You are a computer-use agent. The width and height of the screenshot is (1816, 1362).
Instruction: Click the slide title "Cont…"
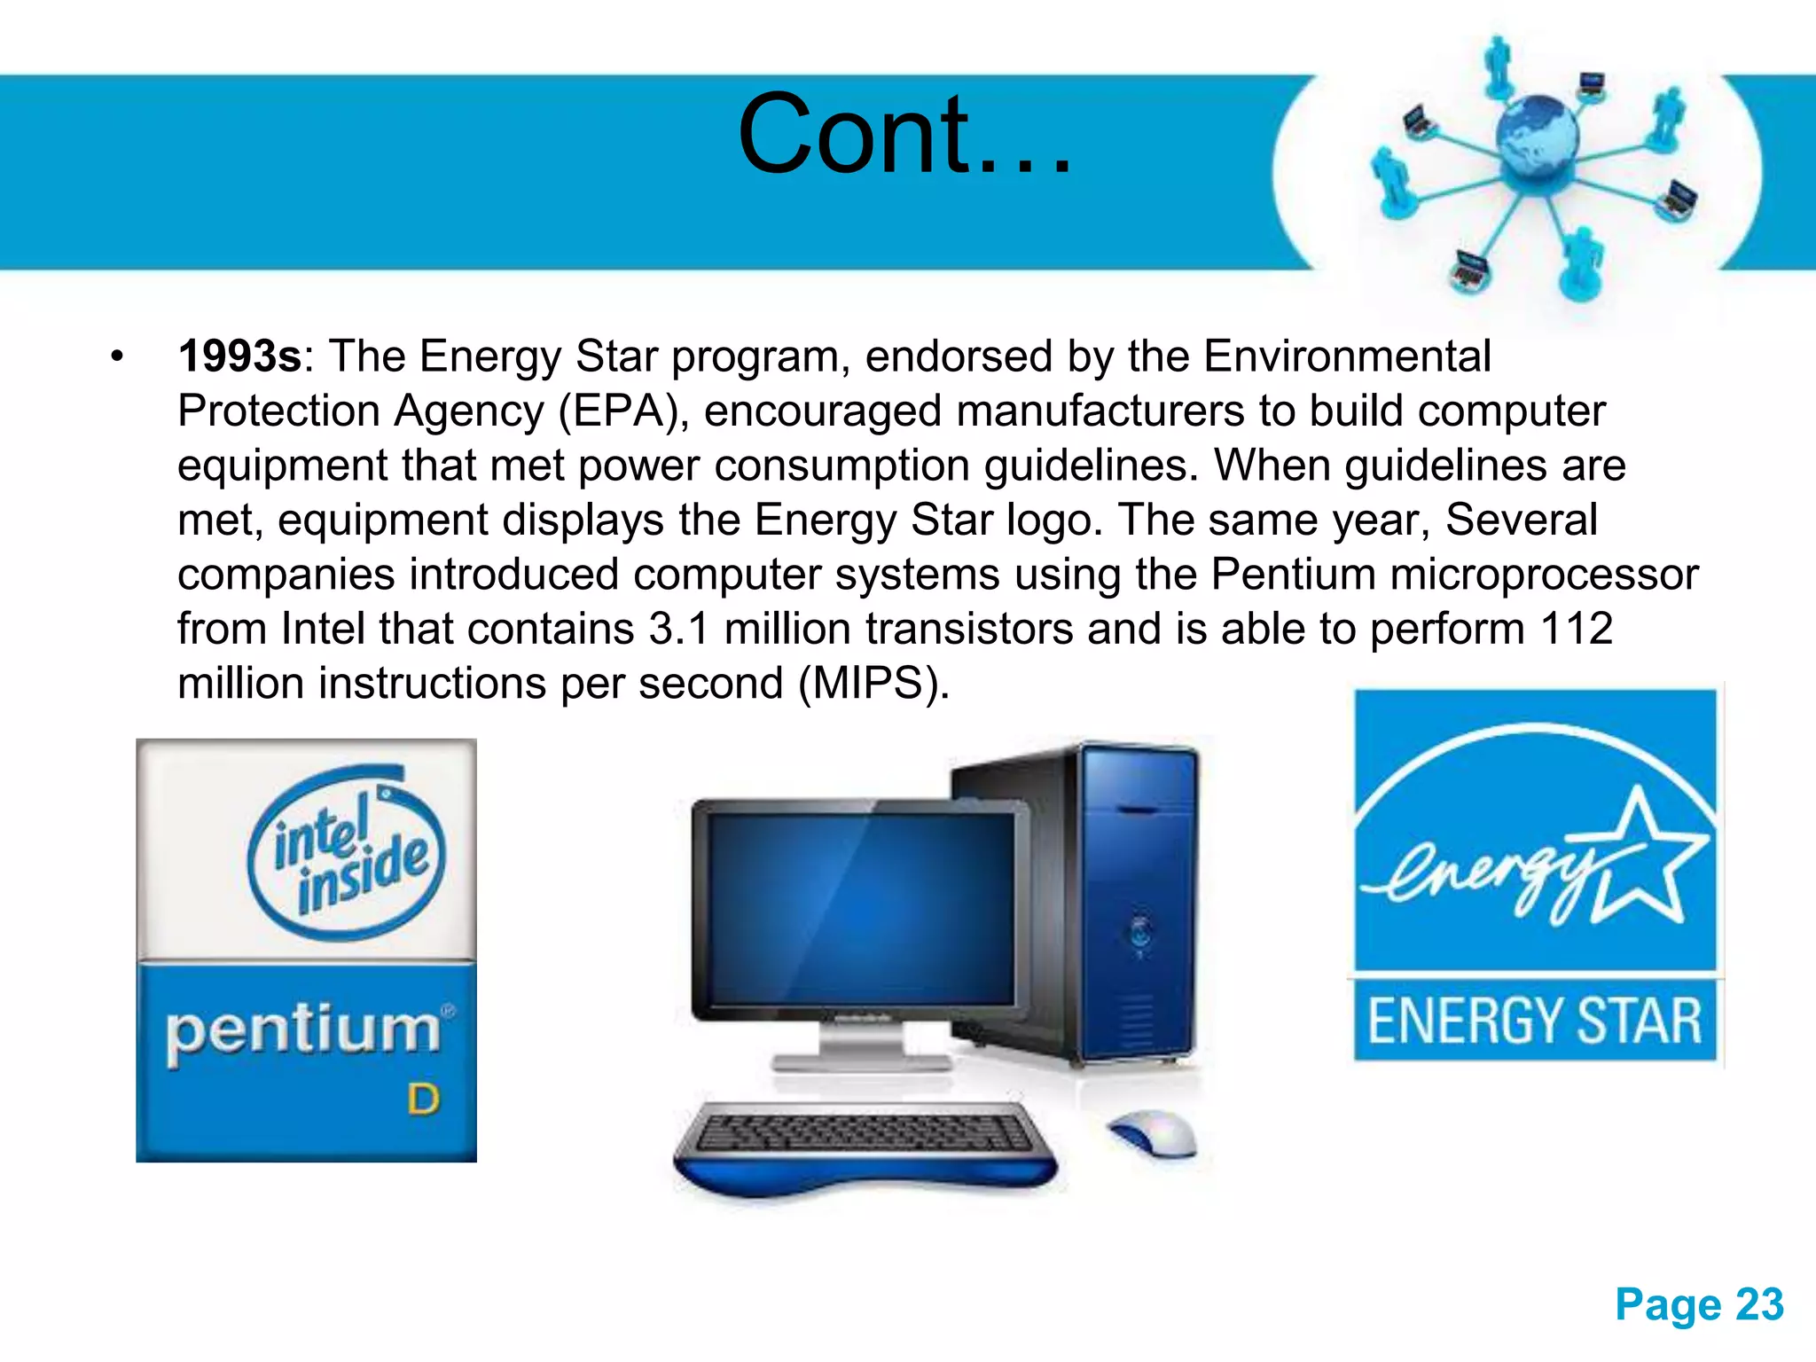904,135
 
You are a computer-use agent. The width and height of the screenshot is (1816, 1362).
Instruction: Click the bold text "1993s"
239,356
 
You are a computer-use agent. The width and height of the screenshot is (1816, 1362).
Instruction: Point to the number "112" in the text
1577,630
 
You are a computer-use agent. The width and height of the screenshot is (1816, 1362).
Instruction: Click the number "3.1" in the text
679,630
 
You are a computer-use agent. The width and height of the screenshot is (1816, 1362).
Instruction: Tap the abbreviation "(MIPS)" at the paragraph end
873,684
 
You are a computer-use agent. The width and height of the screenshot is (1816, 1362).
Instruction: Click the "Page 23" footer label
1699,1304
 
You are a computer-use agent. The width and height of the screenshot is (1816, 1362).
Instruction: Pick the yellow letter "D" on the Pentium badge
423,1100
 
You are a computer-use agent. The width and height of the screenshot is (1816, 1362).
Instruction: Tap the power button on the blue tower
1140,930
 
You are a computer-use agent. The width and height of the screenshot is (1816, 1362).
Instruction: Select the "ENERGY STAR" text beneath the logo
1535,1021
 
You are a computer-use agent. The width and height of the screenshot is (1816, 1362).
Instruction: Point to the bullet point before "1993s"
117,357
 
